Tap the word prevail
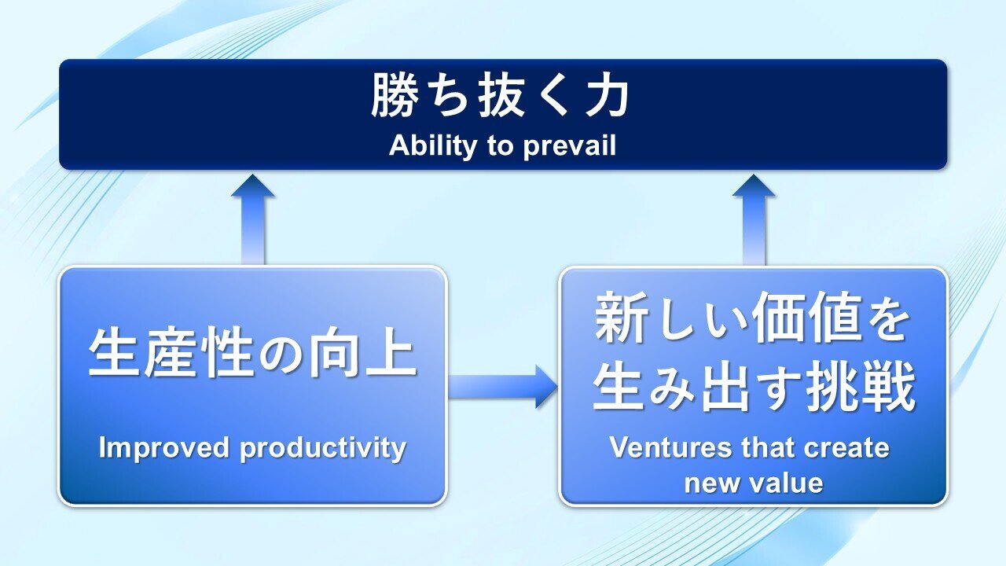[570, 146]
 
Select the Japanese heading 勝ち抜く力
[501, 95]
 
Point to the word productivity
[323, 448]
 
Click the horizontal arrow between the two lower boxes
[502, 387]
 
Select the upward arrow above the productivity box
[253, 219]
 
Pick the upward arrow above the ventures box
[754, 219]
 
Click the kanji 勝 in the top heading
[394, 95]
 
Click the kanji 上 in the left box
[391, 352]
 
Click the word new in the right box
[712, 483]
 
